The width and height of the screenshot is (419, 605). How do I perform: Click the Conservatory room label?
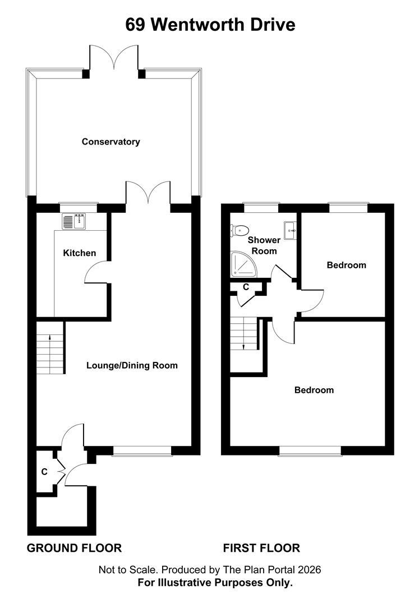pyautogui.click(x=111, y=142)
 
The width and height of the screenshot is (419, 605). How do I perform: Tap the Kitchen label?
pyautogui.click(x=80, y=253)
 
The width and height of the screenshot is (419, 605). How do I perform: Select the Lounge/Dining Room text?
pyautogui.click(x=132, y=365)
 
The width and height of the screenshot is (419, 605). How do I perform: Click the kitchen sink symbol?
pyautogui.click(x=74, y=221)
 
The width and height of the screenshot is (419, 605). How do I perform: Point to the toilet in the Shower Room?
pyautogui.click(x=240, y=231)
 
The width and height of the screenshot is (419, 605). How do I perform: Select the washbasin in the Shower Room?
pyautogui.click(x=290, y=230)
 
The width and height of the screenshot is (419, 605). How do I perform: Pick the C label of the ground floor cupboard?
pyautogui.click(x=44, y=472)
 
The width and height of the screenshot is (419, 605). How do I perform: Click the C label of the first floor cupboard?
pyautogui.click(x=246, y=287)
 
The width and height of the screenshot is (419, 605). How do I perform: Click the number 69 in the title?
pyautogui.click(x=135, y=25)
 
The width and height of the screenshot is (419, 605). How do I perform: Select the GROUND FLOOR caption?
pyautogui.click(x=74, y=548)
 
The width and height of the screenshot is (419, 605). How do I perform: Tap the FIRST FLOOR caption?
pyautogui.click(x=261, y=548)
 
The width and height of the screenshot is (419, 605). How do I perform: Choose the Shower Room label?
pyautogui.click(x=264, y=245)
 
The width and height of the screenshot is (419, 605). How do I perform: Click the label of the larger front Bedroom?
pyautogui.click(x=314, y=390)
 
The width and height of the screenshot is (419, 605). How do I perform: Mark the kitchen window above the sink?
pyautogui.click(x=79, y=208)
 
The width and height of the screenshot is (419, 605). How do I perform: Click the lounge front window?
pyautogui.click(x=142, y=451)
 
